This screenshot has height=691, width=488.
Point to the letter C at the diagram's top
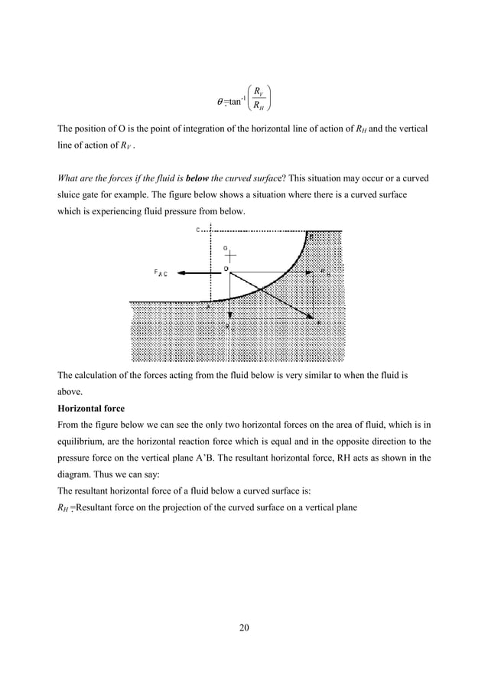pos(197,230)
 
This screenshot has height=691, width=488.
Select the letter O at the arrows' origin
pos(226,269)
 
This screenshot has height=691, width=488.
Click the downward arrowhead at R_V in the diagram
pos(229,315)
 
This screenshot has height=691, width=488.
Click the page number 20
pos(244,628)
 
